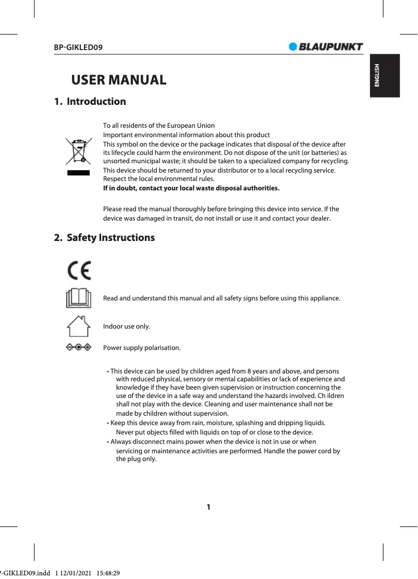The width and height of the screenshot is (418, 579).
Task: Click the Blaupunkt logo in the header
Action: coord(326,47)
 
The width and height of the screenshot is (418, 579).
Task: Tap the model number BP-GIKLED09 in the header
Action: coord(78,47)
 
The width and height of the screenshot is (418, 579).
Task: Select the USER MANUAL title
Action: coord(119,80)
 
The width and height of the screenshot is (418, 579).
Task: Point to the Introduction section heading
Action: coord(90,102)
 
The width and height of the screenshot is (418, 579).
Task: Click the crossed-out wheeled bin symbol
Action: coord(78,151)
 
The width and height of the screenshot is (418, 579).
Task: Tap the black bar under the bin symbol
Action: coord(78,173)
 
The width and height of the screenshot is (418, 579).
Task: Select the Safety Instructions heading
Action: coord(104,238)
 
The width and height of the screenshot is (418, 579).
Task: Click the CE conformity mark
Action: coord(79,270)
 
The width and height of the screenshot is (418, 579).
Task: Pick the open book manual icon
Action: coord(78,298)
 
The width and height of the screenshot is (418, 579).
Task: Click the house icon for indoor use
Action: coord(78,327)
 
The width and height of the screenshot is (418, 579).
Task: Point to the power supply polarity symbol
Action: coord(78,347)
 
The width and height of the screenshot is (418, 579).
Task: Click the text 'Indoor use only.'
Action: coord(127,327)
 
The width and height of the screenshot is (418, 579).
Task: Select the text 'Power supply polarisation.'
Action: coord(142,348)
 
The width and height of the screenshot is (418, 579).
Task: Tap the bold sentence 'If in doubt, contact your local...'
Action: coord(191,188)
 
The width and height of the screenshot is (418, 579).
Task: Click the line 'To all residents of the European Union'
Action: coord(158,126)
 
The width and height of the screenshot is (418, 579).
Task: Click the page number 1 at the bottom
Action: coord(208,507)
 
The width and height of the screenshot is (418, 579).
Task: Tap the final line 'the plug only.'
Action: coord(136,459)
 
